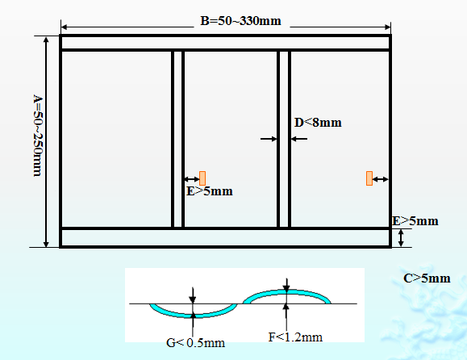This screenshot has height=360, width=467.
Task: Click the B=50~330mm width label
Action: pyautogui.click(x=240, y=21)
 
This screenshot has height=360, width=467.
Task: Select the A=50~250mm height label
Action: pyautogui.click(x=38, y=136)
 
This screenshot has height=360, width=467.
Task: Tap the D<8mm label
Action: pyautogui.click(x=318, y=123)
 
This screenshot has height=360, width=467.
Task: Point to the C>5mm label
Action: pyautogui.click(x=427, y=278)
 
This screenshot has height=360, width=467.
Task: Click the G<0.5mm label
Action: pyautogui.click(x=195, y=343)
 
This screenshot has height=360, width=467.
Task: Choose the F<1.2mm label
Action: pyautogui.click(x=295, y=337)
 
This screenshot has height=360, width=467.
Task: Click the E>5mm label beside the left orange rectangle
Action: pyautogui.click(x=210, y=191)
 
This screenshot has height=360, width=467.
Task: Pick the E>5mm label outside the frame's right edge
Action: pyautogui.click(x=415, y=221)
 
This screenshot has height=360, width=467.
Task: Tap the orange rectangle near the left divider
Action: pyautogui.click(x=202, y=178)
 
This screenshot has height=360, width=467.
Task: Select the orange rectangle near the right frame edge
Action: pyautogui.click(x=369, y=178)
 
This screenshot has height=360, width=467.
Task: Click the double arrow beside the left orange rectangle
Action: pyautogui.click(x=192, y=179)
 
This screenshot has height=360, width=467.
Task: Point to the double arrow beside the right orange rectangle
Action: pyautogui.click(x=381, y=179)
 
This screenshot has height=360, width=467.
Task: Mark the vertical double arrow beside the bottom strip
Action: pyautogui.click(x=401, y=238)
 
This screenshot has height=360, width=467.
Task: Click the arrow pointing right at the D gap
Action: pyautogui.click(x=269, y=139)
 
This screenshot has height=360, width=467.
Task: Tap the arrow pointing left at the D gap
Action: pyautogui.click(x=299, y=139)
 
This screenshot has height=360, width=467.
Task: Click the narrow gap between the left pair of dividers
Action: pyautogui.click(x=177, y=139)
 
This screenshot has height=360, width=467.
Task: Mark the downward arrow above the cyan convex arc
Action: pyautogui.click(x=286, y=285)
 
